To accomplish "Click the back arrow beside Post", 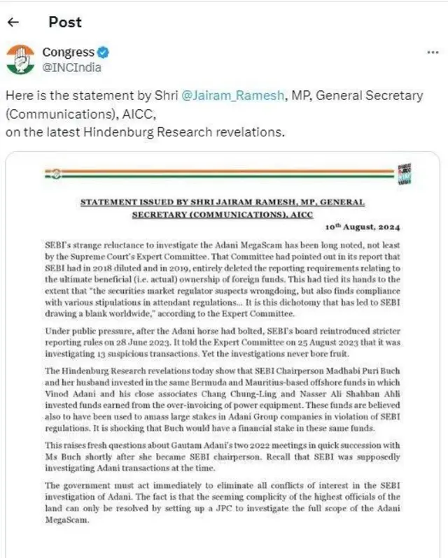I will pyautogui.click(x=13, y=22).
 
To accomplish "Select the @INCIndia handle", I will pyautogui.click(x=71, y=67).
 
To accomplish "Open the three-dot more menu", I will pyautogui.click(x=433, y=53).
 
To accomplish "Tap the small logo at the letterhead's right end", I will pyautogui.click(x=404, y=176).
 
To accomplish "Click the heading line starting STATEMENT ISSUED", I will pyautogui.click(x=223, y=202).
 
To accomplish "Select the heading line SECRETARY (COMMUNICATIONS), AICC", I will pyautogui.click(x=223, y=215).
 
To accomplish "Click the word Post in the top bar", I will pyautogui.click(x=65, y=22).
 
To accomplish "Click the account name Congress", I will pyautogui.click(x=68, y=52).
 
